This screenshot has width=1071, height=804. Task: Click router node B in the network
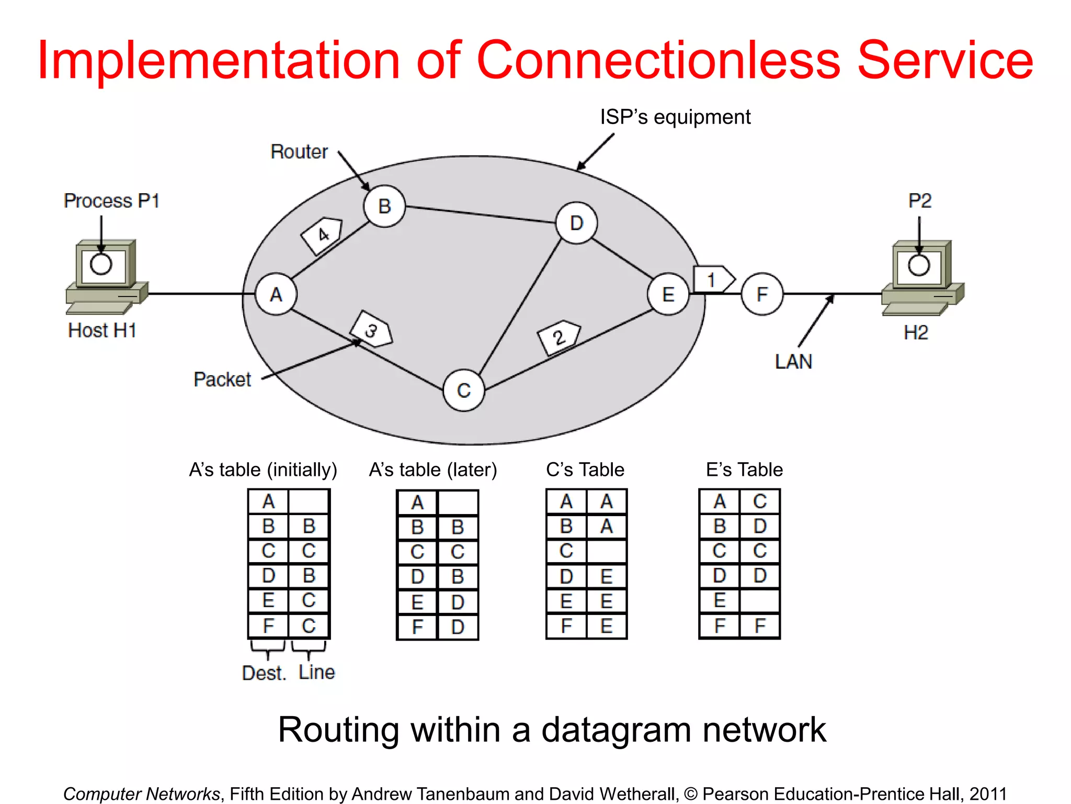384,206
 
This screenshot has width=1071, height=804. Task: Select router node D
576,224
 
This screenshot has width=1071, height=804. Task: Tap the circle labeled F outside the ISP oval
762,294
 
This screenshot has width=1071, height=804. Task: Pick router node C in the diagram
463,390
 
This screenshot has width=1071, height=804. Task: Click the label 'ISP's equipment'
675,117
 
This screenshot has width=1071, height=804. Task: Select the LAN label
793,362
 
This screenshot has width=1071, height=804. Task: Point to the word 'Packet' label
222,379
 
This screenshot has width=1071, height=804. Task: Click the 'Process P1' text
111,201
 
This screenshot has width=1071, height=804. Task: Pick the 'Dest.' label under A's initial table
264,673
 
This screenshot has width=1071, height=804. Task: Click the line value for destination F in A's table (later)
458,627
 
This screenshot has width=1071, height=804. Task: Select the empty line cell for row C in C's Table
607,551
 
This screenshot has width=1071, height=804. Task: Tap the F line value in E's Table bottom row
760,626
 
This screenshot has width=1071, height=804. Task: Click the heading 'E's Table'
744,470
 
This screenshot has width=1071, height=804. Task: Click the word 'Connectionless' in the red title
658,60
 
